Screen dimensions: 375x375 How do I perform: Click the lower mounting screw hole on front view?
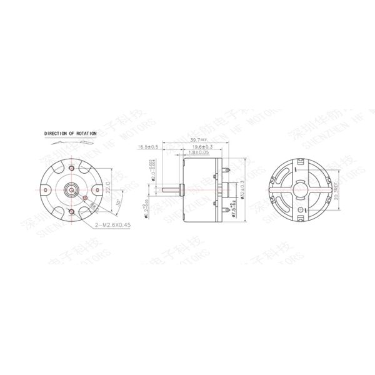click(x=74, y=212)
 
